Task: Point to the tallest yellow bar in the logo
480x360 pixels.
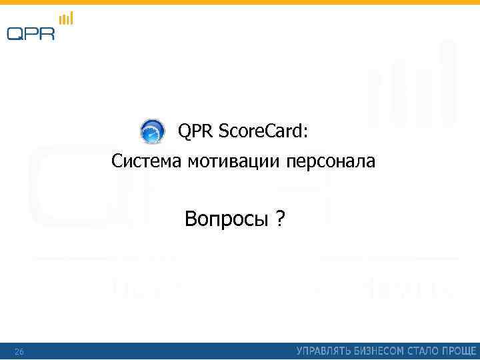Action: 71,17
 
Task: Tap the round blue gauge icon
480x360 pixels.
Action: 152,131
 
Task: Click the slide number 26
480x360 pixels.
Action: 19,351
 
